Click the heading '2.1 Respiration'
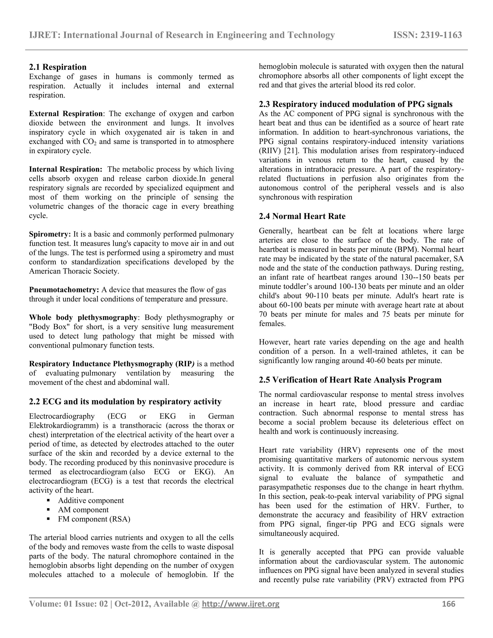click(58, 67)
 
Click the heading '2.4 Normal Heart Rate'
click(302, 216)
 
